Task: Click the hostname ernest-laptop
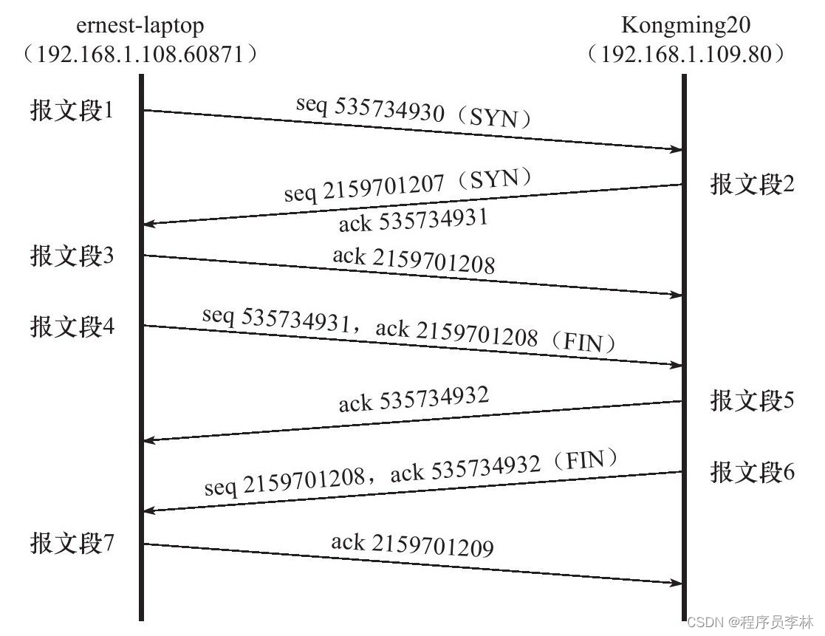point(140,26)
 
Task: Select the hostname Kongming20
point(686,26)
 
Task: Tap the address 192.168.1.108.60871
point(140,55)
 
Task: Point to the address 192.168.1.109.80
point(686,55)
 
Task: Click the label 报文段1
point(72,111)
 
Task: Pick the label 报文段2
point(752,185)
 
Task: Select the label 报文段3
point(72,256)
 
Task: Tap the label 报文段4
point(72,326)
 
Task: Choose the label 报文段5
point(752,401)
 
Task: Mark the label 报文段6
point(752,472)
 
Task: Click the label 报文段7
point(72,544)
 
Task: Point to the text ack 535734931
point(414,219)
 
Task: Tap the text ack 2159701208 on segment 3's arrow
point(414,260)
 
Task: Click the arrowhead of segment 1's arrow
point(675,150)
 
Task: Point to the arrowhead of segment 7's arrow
point(675,584)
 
